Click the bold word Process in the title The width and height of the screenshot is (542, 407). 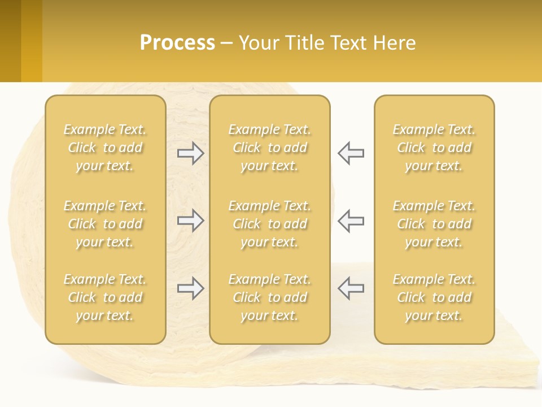click(177, 43)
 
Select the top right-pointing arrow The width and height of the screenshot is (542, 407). click(190, 153)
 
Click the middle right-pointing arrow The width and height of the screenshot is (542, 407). click(190, 220)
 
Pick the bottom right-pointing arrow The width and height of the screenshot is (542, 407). click(190, 288)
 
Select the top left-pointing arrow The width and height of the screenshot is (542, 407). click(351, 153)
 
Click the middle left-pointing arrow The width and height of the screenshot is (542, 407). click(351, 220)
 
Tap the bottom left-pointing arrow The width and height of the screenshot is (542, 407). click(351, 288)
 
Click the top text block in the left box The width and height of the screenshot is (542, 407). click(105, 148)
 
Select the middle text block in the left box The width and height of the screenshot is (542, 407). click(105, 224)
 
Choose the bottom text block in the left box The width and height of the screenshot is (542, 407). click(105, 297)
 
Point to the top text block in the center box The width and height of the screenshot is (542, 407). click(269, 148)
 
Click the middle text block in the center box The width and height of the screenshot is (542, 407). click(269, 224)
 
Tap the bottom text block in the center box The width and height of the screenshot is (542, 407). click(269, 297)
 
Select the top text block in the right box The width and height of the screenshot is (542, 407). click(434, 148)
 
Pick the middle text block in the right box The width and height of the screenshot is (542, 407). click(434, 224)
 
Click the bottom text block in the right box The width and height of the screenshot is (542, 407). click(434, 297)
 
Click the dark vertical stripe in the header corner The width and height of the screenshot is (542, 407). click(10, 41)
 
